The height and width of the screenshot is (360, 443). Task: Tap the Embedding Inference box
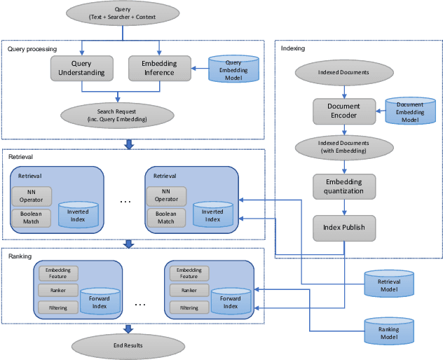pyautogui.click(x=159, y=68)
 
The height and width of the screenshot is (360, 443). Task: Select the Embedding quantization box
pyautogui.click(x=343, y=186)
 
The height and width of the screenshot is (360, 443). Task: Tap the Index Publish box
pyautogui.click(x=343, y=228)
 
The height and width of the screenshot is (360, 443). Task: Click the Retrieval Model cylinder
pyautogui.click(x=388, y=282)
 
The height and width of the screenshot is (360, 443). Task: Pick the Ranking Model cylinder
pyautogui.click(x=388, y=329)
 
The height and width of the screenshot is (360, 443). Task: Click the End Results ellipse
pyautogui.click(x=128, y=345)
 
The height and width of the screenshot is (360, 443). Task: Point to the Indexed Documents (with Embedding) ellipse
pyautogui.click(x=343, y=147)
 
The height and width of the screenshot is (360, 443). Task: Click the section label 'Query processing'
pyautogui.click(x=32, y=49)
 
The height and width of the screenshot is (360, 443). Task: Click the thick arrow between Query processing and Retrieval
pyautogui.click(x=128, y=144)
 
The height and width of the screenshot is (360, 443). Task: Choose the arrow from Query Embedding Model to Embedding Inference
pyautogui.click(x=198, y=68)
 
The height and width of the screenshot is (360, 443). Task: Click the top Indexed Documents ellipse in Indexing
pyautogui.click(x=343, y=72)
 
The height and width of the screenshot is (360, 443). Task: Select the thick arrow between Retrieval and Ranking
pyautogui.click(x=128, y=244)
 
